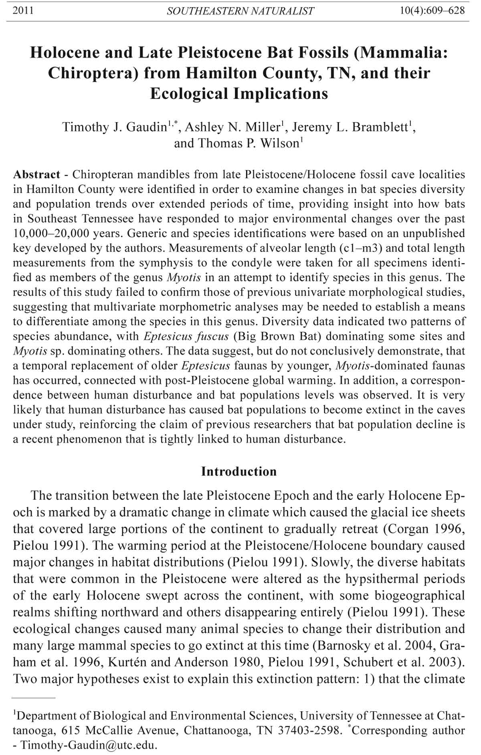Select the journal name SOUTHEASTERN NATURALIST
coord(240,11)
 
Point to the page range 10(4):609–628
coord(432,10)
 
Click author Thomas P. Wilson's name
coord(236,143)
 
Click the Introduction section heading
coord(239,471)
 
